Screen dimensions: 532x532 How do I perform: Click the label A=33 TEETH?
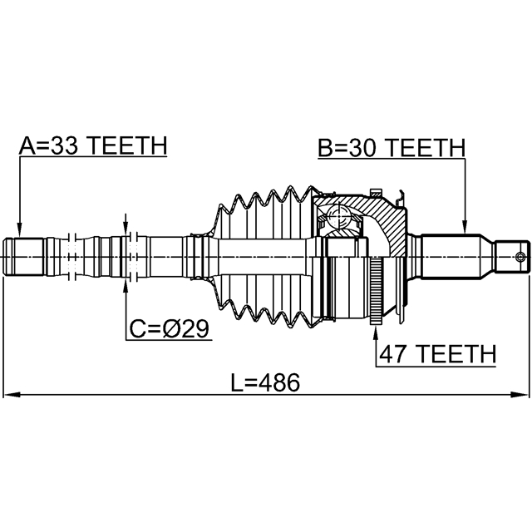pyautogui.click(x=93, y=146)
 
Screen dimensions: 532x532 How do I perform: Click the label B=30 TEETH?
pyautogui.click(x=391, y=148)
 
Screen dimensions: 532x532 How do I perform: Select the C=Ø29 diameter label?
pyautogui.click(x=170, y=329)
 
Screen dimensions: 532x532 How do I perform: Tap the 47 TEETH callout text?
pyautogui.click(x=436, y=354)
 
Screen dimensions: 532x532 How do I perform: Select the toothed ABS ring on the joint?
pyautogui.click(x=377, y=292)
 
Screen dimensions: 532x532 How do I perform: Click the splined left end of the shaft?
pyautogui.click(x=25, y=257)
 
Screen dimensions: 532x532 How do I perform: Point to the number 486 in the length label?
pyautogui.click(x=278, y=382)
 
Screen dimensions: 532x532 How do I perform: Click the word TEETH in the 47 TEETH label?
pyautogui.click(x=456, y=354)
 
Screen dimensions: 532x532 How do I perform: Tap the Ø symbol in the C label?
pyautogui.click(x=170, y=329)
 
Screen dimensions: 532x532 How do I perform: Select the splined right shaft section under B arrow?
pyautogui.click(x=453, y=257)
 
